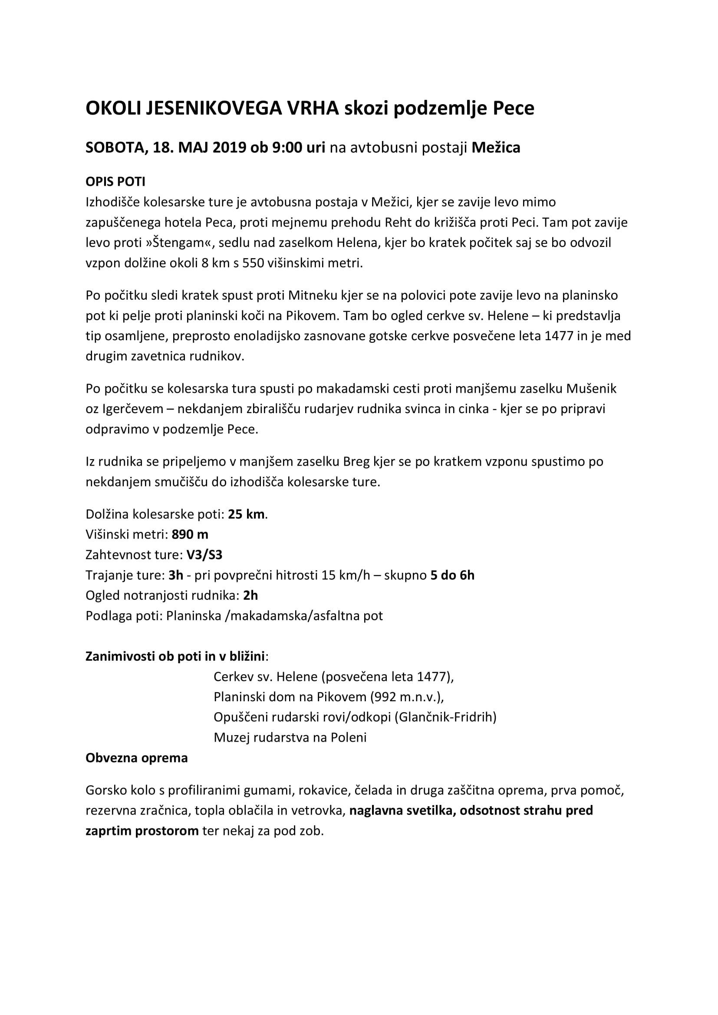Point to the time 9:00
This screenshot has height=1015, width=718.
pyautogui.click(x=287, y=147)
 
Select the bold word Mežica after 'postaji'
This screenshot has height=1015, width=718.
pyautogui.click(x=496, y=147)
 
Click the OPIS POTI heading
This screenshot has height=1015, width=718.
pyautogui.click(x=115, y=182)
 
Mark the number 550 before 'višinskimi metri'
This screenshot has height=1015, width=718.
pyautogui.click(x=254, y=263)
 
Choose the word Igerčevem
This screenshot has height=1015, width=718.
pyautogui.click(x=133, y=409)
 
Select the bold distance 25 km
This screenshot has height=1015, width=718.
pyautogui.click(x=246, y=514)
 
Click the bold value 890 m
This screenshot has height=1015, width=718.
pyautogui.click(x=190, y=535)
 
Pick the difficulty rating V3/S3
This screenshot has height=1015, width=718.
pyautogui.click(x=204, y=555)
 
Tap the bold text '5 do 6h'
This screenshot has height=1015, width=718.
pyautogui.click(x=452, y=575)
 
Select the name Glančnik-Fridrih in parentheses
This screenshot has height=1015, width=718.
pyautogui.click(x=446, y=717)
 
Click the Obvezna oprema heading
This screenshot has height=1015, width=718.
pyautogui.click(x=137, y=758)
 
